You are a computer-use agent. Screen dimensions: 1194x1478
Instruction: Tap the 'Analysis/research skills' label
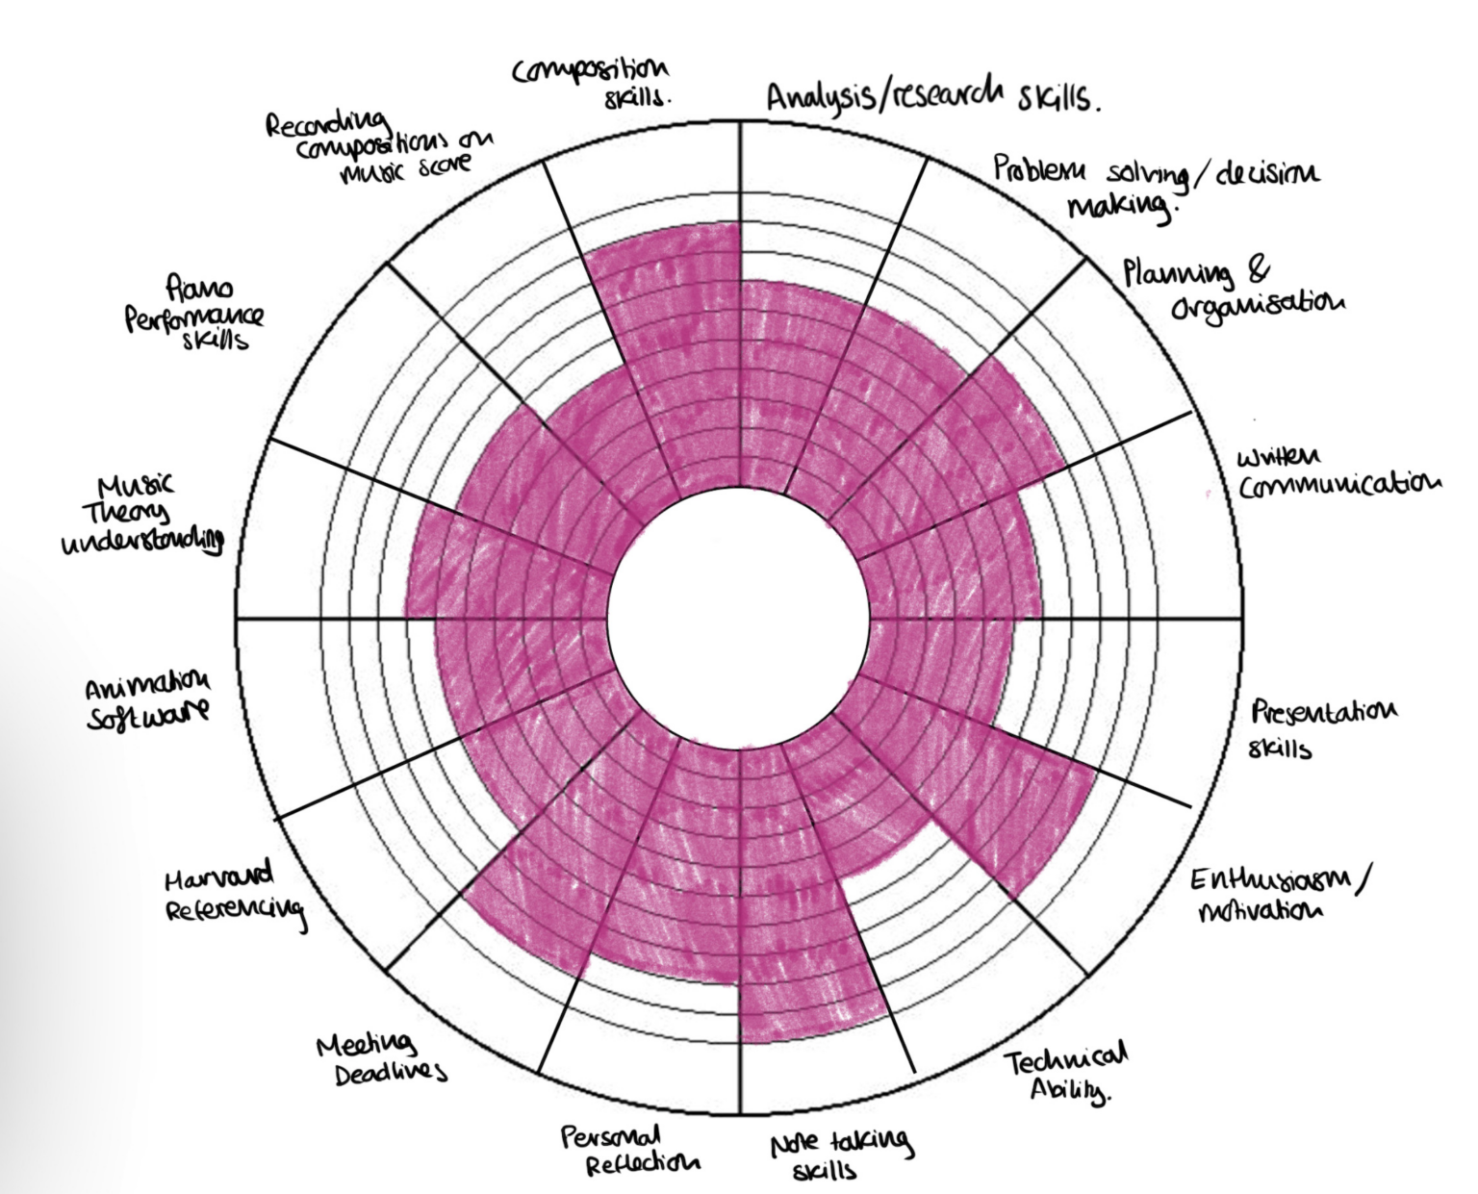tap(932, 98)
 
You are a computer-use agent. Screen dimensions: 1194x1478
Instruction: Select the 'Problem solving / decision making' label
tap(1155, 188)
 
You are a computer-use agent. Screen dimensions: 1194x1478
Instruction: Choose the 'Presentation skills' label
tap(1323, 728)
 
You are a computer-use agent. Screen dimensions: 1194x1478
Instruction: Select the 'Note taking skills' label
tap(839, 1155)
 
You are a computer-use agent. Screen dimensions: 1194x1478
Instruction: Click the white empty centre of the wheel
tap(739, 616)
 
